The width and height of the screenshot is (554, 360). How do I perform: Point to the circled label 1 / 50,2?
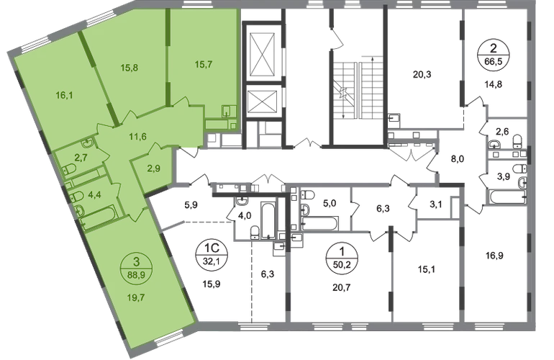point(341,258)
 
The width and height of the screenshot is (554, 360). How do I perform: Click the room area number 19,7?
point(136,298)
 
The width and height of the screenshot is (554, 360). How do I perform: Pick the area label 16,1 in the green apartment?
point(64,95)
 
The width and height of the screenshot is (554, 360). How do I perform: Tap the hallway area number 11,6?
point(137,136)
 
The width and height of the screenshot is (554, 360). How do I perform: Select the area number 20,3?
point(422,75)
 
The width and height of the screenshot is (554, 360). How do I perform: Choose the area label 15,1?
point(426,270)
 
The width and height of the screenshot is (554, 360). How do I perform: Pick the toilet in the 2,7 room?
point(67,170)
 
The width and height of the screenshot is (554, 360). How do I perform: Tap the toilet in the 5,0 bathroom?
point(309,194)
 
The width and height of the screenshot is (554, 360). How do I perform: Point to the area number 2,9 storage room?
point(154,168)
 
